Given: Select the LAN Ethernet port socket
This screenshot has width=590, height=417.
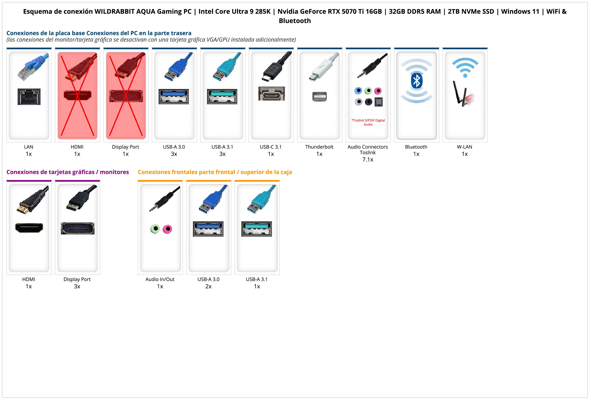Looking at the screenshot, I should pos(29,97).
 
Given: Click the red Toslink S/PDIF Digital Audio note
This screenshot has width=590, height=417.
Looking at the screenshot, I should pos(368,122).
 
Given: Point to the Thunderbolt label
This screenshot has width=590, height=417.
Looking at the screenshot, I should pos(319,147).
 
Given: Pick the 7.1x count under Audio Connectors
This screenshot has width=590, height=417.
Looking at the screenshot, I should pos(368,160).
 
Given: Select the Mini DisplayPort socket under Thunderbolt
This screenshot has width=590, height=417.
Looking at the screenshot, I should pos(319,97).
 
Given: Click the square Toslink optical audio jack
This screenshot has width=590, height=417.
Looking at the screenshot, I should pos(379,102).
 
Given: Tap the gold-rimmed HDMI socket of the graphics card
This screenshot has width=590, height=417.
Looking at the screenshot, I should pos(29,228).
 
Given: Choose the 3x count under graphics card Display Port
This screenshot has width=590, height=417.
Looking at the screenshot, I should pos(77,286).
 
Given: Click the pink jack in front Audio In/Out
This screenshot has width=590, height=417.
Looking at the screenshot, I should pos(168,229).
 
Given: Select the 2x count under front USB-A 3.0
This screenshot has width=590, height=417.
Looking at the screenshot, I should pos(208,286).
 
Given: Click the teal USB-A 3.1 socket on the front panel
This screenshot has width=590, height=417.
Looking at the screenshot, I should pos(256,229).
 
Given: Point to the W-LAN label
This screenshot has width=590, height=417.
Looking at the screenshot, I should pos(465,147).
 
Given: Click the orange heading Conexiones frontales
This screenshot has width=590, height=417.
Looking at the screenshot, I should pos(215,172).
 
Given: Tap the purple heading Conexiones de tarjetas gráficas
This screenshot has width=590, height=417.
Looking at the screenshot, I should pos(68,172).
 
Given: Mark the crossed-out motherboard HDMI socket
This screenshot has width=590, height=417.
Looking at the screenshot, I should pos(77,95).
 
